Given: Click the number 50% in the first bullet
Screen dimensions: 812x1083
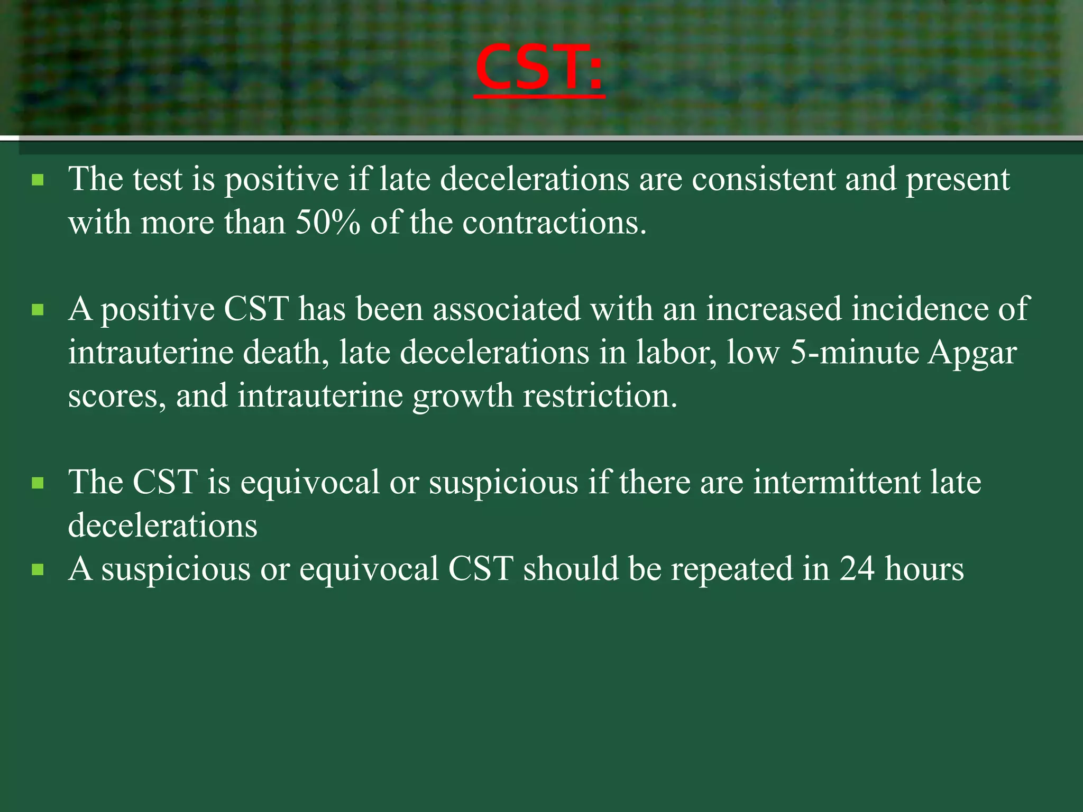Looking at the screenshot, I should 327,223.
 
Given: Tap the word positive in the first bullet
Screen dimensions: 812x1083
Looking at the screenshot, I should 281,180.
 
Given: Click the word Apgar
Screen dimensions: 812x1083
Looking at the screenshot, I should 972,353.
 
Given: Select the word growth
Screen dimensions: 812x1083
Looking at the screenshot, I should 463,396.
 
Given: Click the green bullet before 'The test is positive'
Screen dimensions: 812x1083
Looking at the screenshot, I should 38,181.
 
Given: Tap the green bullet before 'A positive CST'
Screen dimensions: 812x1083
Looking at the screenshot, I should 38,310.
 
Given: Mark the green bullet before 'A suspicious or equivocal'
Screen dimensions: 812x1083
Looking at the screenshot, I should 38,570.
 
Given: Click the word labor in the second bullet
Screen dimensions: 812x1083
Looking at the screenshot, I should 676,352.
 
